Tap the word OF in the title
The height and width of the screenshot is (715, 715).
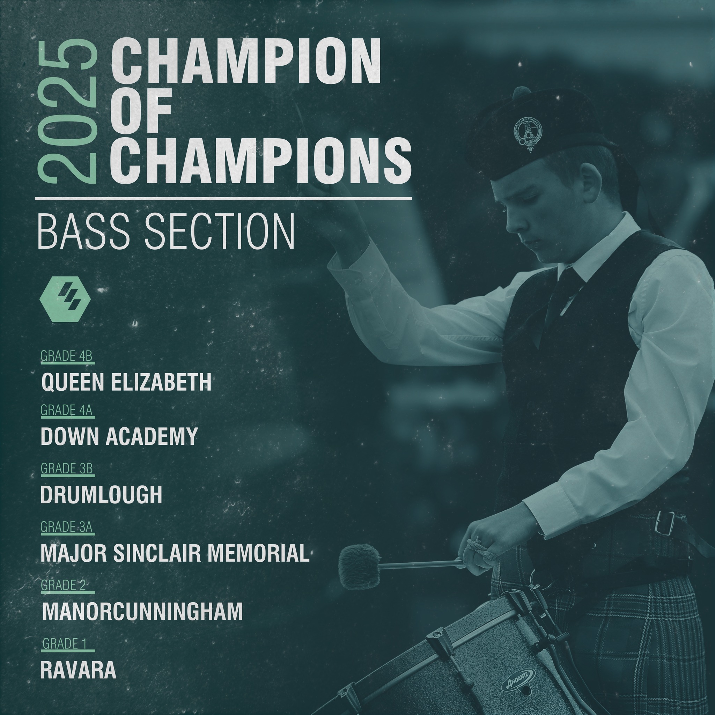tap(141, 111)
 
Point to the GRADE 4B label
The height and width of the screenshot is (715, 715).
tap(66, 356)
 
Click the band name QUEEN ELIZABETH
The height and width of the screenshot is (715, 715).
tap(126, 382)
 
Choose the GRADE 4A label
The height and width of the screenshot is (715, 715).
tap(66, 410)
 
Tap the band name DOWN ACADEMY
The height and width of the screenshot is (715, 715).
tap(119, 437)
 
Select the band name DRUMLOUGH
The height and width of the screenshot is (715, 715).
tap(101, 494)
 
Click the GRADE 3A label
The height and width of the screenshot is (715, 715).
tap(66, 526)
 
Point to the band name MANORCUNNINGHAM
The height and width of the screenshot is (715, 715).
tap(142, 611)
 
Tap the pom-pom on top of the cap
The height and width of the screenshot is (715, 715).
tap(522, 93)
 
